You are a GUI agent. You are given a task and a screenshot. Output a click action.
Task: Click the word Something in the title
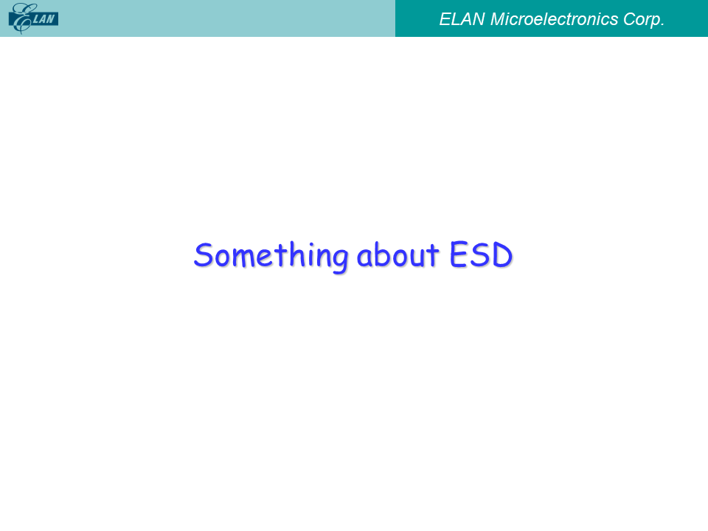click(x=271, y=256)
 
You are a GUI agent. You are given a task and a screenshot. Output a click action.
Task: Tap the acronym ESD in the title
click(x=481, y=254)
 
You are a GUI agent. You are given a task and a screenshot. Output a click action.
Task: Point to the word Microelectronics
click(x=554, y=19)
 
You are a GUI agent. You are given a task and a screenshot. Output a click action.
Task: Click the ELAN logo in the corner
click(x=33, y=18)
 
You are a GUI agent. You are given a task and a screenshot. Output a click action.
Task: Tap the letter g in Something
click(x=339, y=259)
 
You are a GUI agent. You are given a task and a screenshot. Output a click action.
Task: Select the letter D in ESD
click(x=502, y=254)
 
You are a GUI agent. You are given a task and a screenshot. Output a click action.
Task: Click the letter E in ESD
click(x=457, y=254)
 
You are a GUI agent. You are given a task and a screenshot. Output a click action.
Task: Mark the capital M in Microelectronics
click(x=498, y=19)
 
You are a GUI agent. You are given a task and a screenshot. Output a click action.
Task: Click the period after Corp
click(x=662, y=25)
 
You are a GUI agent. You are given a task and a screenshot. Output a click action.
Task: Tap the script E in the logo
click(x=21, y=18)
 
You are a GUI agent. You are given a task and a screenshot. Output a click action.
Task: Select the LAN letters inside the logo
click(x=44, y=19)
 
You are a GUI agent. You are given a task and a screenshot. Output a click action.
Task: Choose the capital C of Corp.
click(x=631, y=19)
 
